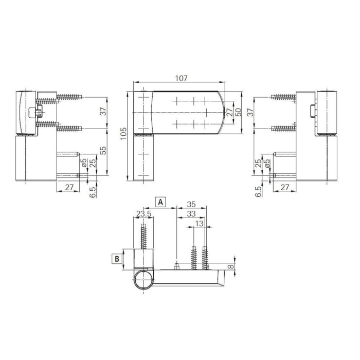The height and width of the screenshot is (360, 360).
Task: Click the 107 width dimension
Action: (x=182, y=78)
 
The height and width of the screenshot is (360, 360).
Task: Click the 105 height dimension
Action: (x=123, y=133)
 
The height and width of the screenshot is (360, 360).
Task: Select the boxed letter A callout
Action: (x=160, y=202)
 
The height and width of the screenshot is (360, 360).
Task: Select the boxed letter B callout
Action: (x=117, y=259)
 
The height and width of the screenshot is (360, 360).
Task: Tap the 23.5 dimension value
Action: (x=143, y=214)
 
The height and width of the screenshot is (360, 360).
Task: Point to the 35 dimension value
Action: (x=191, y=204)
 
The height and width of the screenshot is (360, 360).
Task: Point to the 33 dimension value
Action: (x=191, y=214)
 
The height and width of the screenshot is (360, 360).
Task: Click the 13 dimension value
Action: (x=200, y=223)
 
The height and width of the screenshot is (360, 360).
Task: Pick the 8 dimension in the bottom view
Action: (x=231, y=266)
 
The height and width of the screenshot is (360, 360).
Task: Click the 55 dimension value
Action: (x=103, y=150)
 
